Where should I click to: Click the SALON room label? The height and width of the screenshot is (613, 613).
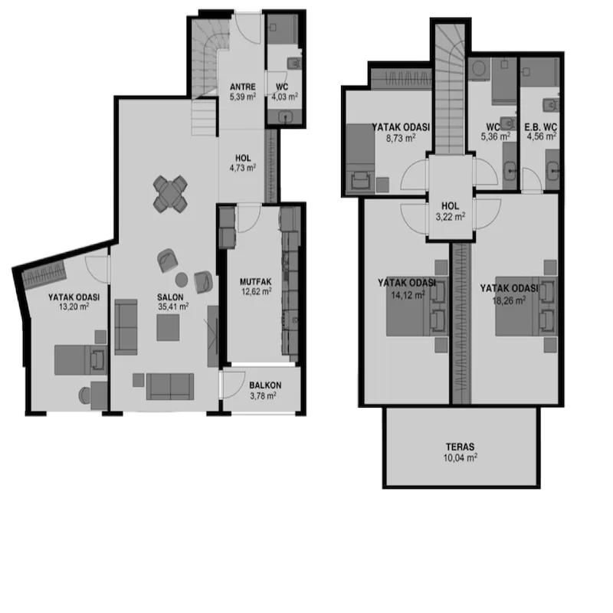pos(170,297)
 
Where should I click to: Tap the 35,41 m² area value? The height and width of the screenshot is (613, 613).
pos(173,307)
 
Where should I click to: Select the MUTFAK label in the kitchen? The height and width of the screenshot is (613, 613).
pos(256,282)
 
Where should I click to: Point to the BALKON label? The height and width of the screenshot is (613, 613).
pos(265,385)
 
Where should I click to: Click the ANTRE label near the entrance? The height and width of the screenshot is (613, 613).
pos(243,87)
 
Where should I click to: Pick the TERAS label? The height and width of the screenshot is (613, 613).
pos(461,447)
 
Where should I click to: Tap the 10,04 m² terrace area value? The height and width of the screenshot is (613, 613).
pos(461,457)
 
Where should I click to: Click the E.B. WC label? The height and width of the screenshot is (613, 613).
pos(541,127)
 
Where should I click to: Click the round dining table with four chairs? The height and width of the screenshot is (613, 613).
pos(170,194)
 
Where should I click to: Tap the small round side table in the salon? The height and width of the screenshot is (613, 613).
pos(182,280)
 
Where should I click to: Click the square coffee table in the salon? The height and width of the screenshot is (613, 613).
pos(168,328)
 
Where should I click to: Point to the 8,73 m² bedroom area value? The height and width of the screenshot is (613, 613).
pos(401,138)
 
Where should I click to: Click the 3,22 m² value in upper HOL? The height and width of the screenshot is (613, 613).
pos(451,217)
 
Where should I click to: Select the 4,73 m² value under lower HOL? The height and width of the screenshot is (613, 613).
pos(243,168)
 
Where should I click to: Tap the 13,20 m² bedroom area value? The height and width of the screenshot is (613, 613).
pos(74,307)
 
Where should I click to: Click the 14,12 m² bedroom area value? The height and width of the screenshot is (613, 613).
pos(408,295)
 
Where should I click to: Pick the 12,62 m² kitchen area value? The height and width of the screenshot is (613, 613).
pos(257,292)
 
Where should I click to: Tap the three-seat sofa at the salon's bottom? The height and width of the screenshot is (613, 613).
pos(170,387)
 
